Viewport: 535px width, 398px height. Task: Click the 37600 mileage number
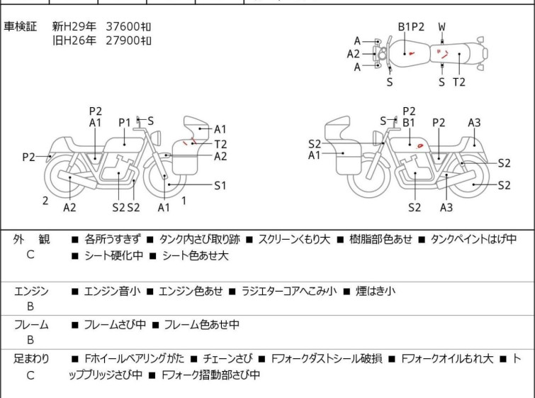pyautogui.click(x=123, y=26)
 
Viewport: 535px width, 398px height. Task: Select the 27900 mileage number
pyautogui.click(x=123, y=40)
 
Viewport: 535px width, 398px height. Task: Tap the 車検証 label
pyautogui.click(x=20, y=26)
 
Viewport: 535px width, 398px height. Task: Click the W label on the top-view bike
pyautogui.click(x=442, y=27)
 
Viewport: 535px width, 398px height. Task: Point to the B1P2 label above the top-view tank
pyautogui.click(x=411, y=27)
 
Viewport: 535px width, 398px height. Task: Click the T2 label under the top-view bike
pyautogui.click(x=459, y=82)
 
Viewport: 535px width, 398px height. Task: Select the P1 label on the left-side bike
pyautogui.click(x=125, y=123)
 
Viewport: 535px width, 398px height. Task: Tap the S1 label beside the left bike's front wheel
pyautogui.click(x=220, y=185)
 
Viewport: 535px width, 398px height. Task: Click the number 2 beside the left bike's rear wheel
pyautogui.click(x=45, y=201)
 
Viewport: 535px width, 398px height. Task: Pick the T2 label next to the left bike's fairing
pyautogui.click(x=220, y=144)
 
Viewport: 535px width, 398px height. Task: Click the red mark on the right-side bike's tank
pyautogui.click(x=419, y=146)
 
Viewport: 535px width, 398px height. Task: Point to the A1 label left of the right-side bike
pyautogui.click(x=314, y=155)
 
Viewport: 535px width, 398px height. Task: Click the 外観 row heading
pyautogui.click(x=31, y=239)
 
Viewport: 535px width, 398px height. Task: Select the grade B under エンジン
pyautogui.click(x=30, y=306)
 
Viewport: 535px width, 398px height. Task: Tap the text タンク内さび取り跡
pyautogui.click(x=200, y=239)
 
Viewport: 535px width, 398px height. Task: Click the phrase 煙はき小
pyautogui.click(x=376, y=291)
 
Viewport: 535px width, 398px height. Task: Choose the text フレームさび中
pyautogui.click(x=115, y=324)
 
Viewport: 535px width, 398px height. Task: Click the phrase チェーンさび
pyautogui.click(x=227, y=359)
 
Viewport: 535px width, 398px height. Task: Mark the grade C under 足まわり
pyautogui.click(x=30, y=375)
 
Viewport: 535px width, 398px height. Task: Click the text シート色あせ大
pyautogui.click(x=195, y=255)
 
